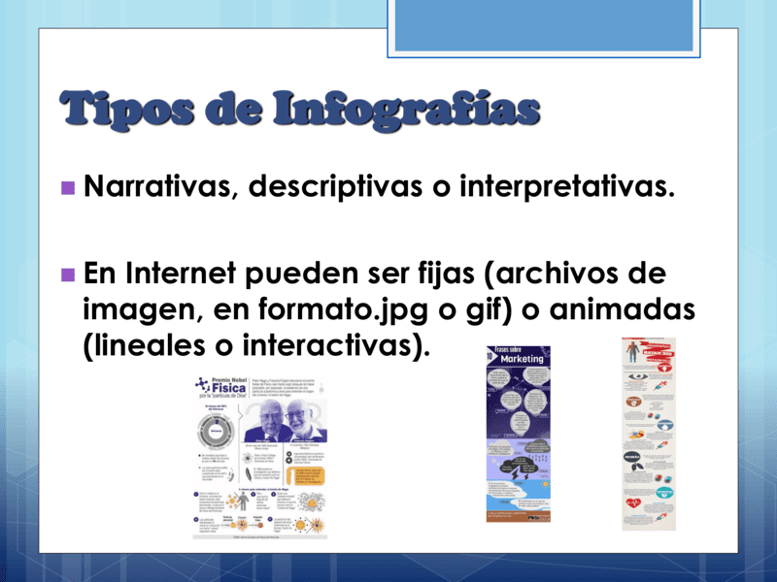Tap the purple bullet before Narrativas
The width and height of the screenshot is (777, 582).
pos(67,186)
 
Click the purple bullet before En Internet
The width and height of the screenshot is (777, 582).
pos(67,274)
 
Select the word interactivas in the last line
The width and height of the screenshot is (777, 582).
pos(326,345)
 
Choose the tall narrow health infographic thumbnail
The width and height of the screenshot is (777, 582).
pos(648,434)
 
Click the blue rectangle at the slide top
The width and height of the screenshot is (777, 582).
pos(544,24)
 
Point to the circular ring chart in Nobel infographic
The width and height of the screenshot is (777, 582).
pos(216,426)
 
